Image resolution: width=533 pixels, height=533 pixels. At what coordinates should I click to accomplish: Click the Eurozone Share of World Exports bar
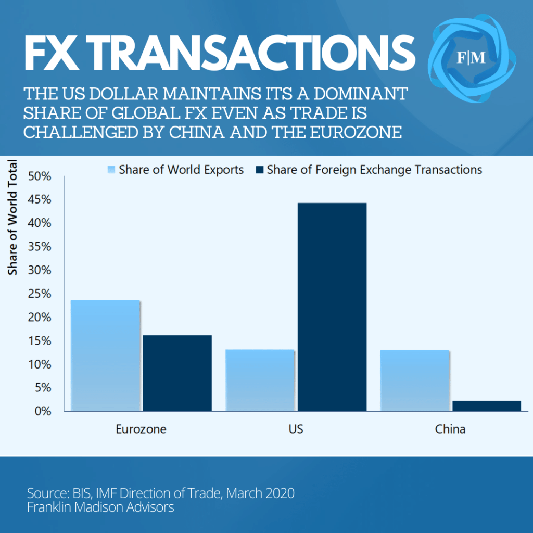point(105,356)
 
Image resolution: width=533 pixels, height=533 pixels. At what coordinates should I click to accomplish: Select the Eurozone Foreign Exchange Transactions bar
point(177,373)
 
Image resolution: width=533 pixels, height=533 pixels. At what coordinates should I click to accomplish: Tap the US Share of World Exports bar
point(260,380)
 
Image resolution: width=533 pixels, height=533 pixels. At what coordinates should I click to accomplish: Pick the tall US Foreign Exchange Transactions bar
point(332,307)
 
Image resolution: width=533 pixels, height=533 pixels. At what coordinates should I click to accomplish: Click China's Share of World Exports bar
point(414,380)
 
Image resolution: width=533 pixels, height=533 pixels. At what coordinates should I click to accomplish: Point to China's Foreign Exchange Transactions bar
point(486,406)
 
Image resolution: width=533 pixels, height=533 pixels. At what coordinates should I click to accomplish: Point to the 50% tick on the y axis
point(40,176)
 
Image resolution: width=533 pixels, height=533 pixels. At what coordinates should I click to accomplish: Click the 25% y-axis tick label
point(40,294)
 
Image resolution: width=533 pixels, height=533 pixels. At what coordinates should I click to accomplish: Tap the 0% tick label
point(43,411)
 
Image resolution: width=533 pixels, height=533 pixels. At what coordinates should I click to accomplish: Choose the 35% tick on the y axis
point(40,247)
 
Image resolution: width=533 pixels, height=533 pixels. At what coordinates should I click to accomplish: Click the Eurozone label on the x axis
point(141,430)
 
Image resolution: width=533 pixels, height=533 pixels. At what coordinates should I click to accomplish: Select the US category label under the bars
point(296,430)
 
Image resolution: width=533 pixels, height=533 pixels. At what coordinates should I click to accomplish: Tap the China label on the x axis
point(450,430)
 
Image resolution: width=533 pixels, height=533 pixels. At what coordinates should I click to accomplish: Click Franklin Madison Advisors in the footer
point(100,507)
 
